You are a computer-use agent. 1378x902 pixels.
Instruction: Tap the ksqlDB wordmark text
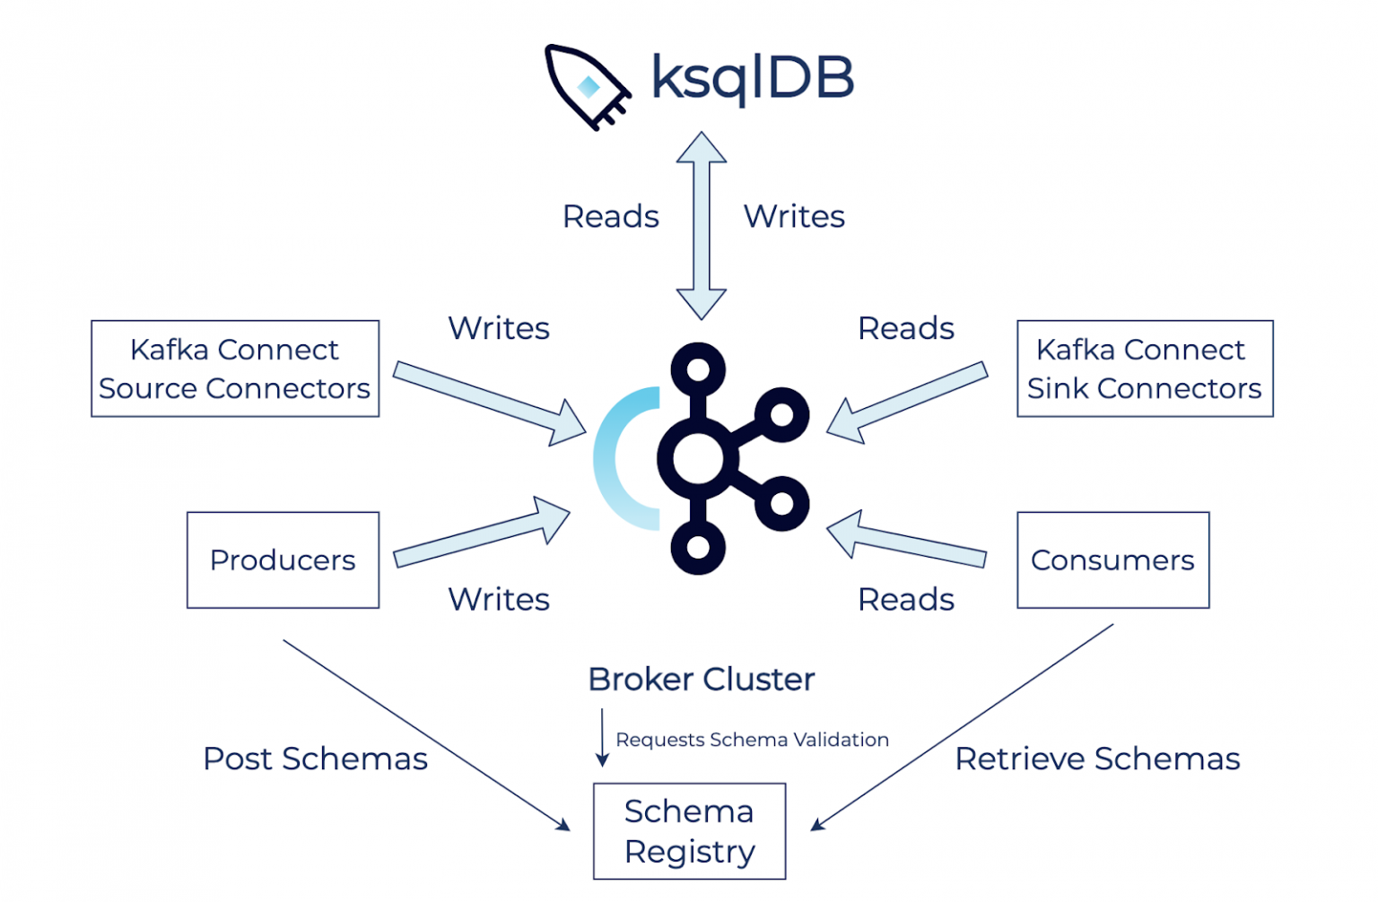[752, 78]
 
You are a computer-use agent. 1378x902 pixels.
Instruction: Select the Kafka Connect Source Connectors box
[235, 369]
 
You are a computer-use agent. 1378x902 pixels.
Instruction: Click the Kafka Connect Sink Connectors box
[1144, 369]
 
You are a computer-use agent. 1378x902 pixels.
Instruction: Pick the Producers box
[283, 559]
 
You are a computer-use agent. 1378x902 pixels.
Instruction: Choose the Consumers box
[1112, 559]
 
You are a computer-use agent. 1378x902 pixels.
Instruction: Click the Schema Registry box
[689, 831]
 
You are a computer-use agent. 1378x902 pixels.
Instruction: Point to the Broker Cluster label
[701, 680]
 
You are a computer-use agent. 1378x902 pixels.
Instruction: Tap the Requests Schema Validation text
[752, 740]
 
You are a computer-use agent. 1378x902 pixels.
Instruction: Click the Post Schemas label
[315, 759]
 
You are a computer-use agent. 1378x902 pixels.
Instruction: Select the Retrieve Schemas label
[1096, 759]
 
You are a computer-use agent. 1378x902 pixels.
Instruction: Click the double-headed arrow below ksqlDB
[701, 226]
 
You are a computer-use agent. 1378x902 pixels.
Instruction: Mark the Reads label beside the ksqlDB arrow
[610, 216]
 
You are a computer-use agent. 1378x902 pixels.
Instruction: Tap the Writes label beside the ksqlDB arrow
[794, 216]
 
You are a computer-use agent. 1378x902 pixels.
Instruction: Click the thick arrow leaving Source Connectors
[489, 403]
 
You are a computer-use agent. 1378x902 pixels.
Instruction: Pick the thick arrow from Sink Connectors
[906, 403]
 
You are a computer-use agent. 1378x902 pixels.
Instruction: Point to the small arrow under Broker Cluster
[602, 738]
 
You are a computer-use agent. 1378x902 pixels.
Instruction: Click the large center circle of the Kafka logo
[698, 458]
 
